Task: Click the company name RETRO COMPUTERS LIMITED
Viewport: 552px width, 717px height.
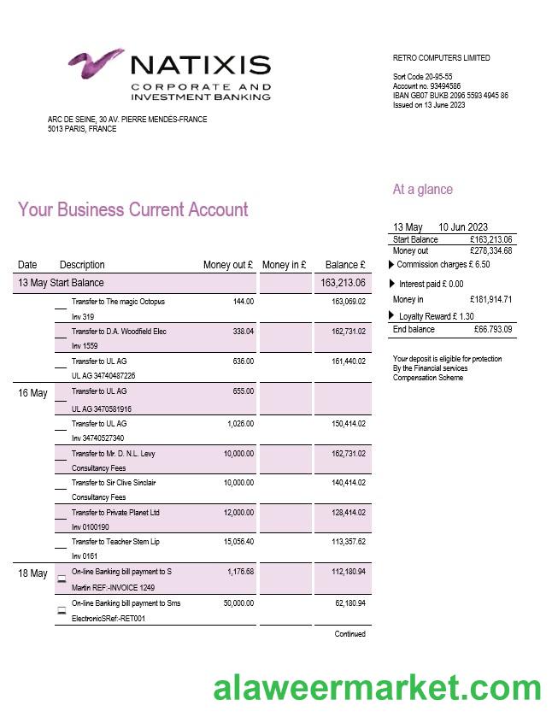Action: (441, 58)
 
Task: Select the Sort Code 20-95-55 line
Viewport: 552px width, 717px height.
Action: (422, 77)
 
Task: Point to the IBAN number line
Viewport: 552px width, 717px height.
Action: (450, 96)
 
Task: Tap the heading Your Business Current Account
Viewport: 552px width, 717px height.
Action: (132, 210)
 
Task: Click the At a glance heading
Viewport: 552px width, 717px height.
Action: (422, 190)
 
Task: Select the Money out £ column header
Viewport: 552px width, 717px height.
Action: (227, 265)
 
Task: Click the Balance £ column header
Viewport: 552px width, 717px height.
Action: (345, 265)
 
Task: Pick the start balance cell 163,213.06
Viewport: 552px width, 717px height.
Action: (343, 283)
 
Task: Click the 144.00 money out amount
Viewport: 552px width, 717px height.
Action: (243, 302)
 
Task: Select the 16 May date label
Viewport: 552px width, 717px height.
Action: (32, 393)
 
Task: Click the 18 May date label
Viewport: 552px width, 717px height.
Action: (32, 573)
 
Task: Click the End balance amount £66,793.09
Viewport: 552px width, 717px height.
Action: (491, 330)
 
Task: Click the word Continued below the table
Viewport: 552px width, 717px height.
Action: (349, 634)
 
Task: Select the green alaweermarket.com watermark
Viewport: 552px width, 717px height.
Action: (377, 687)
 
